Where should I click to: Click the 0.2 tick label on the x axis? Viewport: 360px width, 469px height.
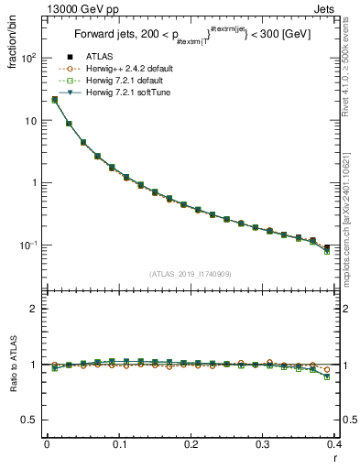[191, 443]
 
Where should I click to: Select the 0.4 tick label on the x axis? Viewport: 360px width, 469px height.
[334, 443]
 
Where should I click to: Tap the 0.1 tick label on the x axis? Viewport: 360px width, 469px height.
[118, 443]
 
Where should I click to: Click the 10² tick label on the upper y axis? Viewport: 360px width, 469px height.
[28, 58]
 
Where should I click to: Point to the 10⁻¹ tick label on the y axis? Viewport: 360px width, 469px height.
[28, 245]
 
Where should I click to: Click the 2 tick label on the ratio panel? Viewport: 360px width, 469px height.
[34, 309]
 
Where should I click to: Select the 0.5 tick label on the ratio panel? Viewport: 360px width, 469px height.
[30, 420]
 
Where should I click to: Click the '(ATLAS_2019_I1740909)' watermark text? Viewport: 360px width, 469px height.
[190, 274]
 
